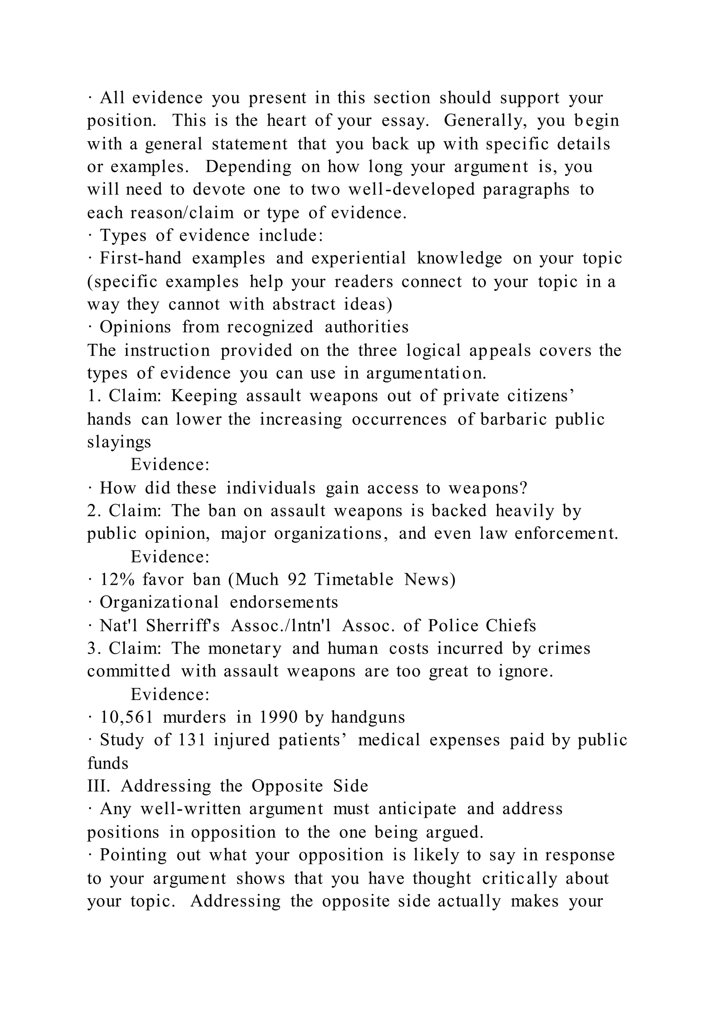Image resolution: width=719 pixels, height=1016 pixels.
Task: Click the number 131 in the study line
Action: [192, 740]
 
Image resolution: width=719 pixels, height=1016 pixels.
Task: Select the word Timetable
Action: [353, 579]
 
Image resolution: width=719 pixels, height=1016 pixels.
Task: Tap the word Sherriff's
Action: [183, 626]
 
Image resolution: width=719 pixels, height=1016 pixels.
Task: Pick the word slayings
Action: [119, 442]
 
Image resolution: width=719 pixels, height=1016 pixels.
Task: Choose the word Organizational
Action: [159, 602]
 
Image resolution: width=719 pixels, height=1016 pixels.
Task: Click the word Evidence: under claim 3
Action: [170, 694]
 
